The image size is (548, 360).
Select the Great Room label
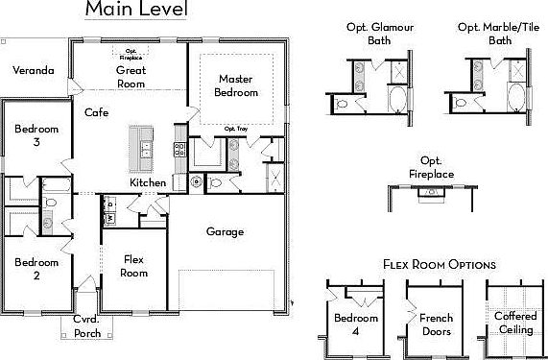[x=131, y=77]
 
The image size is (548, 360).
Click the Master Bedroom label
[x=237, y=85]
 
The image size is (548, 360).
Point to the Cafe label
[x=96, y=112]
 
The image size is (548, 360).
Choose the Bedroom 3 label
[x=36, y=135]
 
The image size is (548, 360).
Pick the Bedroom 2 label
[x=36, y=267]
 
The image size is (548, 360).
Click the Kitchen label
[x=148, y=182]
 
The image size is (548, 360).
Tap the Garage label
[x=226, y=231]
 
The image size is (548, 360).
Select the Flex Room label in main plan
[x=133, y=266]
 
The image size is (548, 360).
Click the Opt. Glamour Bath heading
[x=378, y=34]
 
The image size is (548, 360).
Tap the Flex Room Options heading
[x=439, y=263]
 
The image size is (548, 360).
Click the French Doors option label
[x=430, y=324]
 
